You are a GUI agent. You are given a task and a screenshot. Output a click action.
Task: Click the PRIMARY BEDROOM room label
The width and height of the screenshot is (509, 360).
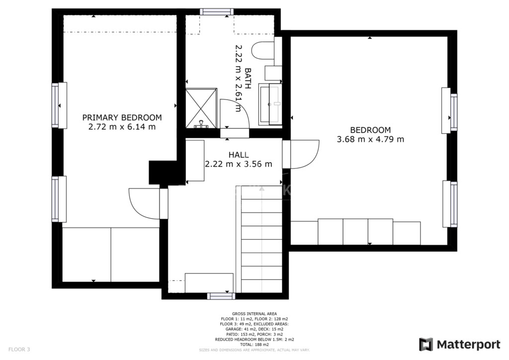122,117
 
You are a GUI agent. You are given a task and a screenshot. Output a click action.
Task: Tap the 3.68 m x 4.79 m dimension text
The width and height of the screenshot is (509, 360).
370,139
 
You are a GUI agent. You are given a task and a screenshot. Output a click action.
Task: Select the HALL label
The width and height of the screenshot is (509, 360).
239,155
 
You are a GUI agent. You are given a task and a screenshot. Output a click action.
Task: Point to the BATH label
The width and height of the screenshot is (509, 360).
248,78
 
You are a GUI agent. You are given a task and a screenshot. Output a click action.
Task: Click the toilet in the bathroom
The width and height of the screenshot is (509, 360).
263,50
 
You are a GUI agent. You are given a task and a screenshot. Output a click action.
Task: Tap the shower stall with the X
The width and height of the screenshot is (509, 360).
201,108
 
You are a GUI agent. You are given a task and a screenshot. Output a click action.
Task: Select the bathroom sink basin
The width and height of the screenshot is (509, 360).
270,104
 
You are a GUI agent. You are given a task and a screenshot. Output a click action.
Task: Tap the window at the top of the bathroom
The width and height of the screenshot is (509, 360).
217,12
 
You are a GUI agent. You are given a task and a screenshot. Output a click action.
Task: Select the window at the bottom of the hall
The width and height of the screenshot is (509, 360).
221,296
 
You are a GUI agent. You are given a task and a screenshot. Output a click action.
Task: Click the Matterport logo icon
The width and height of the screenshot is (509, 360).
426,345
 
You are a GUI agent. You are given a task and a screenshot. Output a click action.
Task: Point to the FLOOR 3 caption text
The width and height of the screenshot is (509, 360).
19,350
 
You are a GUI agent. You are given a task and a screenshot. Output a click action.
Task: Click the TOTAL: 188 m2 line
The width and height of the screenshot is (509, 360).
254,345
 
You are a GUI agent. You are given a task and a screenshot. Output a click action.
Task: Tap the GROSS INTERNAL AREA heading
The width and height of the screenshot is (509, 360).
254,314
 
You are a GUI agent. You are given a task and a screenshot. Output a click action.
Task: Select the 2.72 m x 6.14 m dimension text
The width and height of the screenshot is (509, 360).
122,127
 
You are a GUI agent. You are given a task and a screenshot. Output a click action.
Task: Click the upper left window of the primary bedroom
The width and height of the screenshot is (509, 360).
59,105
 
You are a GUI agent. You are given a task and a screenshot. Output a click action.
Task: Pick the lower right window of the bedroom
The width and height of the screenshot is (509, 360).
450,204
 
